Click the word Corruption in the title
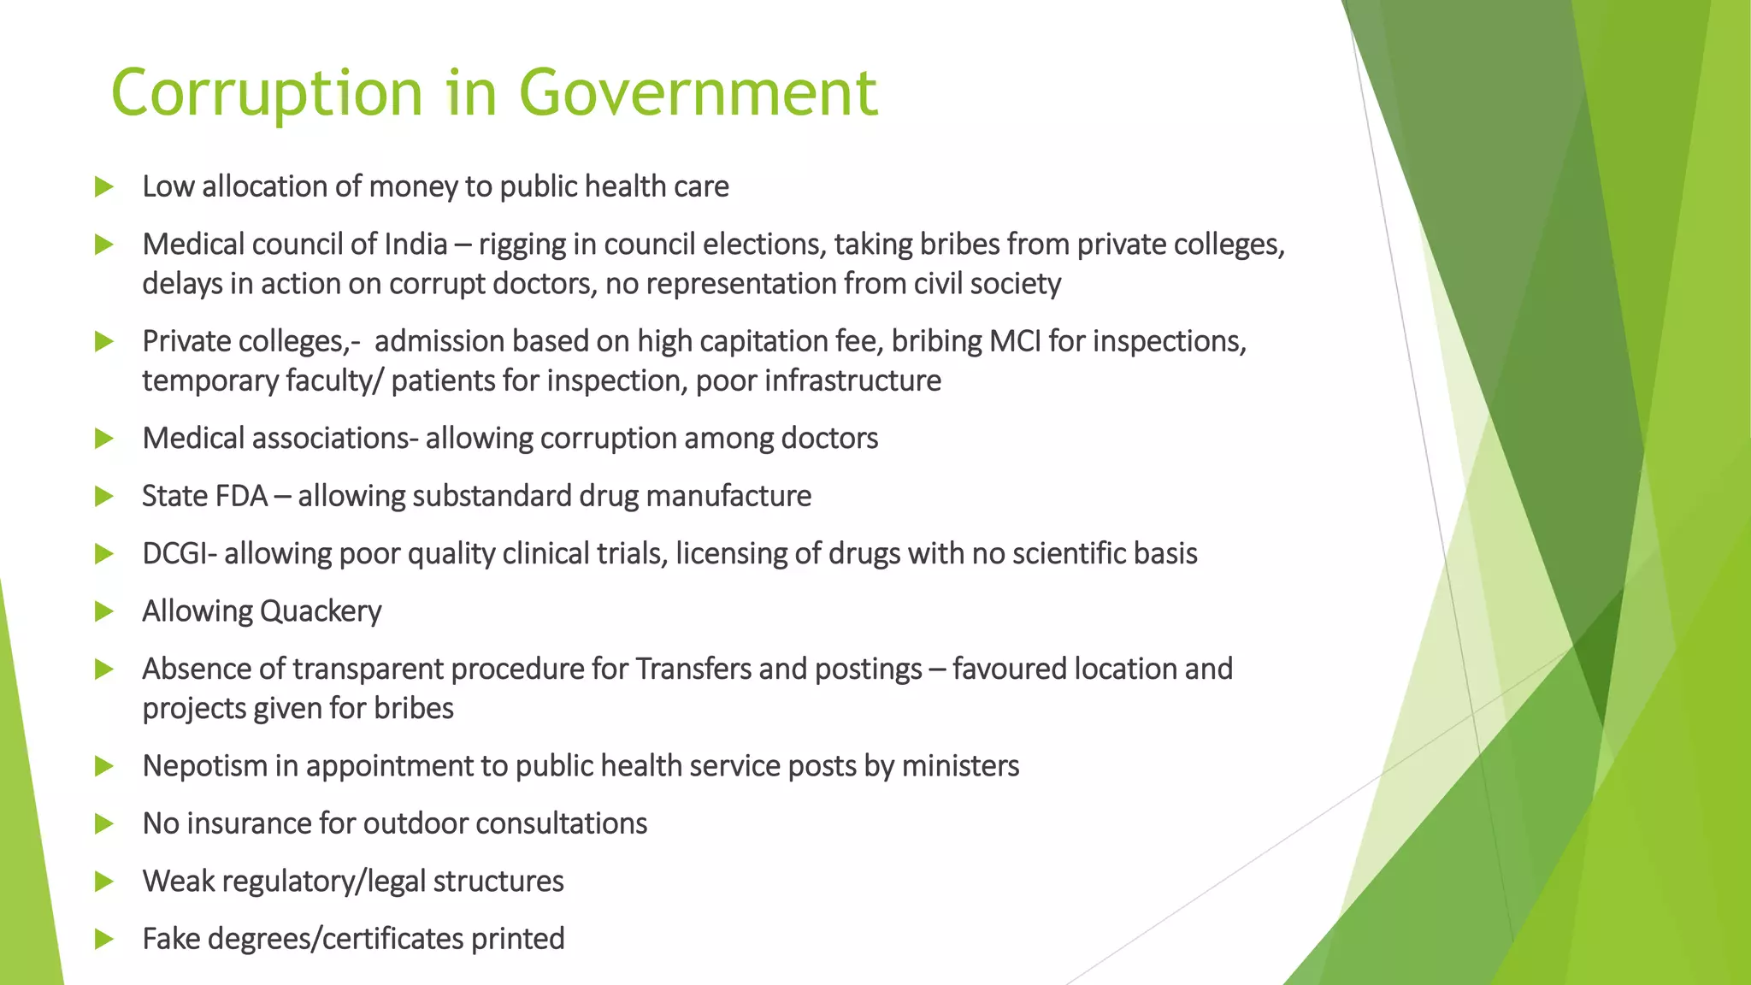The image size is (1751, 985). pos(267,92)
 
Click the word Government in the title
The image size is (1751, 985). pos(698,92)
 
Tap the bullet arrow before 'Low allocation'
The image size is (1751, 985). pos(104,186)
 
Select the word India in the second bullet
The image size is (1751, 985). pos(416,245)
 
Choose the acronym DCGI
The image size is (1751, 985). pos(175,553)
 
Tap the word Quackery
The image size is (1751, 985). pos(321,611)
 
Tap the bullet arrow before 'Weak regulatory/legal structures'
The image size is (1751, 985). pos(104,882)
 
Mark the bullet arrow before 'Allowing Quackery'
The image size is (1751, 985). pos(104,611)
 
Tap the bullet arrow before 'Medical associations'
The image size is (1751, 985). pos(104,439)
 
